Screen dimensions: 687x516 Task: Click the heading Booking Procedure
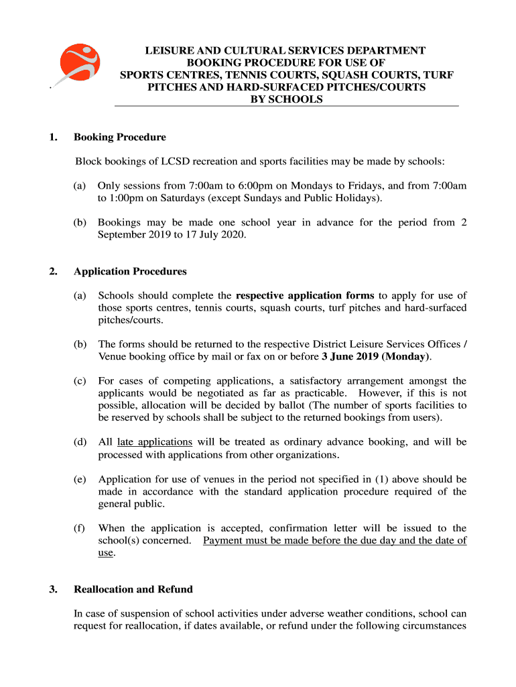(x=119, y=138)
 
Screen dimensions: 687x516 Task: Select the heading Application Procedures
(x=130, y=272)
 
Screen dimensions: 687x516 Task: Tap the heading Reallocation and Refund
(x=133, y=590)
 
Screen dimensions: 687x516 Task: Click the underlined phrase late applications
(x=155, y=442)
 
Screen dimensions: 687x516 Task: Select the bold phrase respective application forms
(x=305, y=296)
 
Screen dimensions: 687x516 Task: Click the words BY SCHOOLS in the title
(x=286, y=99)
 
